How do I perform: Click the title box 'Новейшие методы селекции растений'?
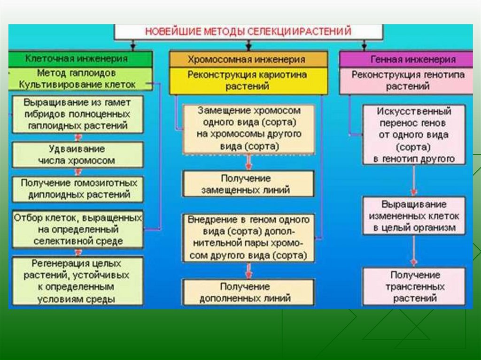pyautogui.click(x=248, y=32)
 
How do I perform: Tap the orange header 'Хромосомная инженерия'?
pyautogui.click(x=248, y=60)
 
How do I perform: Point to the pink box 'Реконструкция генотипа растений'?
pyautogui.click(x=407, y=81)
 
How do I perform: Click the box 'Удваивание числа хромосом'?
pyautogui.click(x=77, y=154)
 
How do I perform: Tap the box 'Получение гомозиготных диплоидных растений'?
pyautogui.click(x=78, y=189)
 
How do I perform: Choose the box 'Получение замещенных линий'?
pyautogui.click(x=248, y=184)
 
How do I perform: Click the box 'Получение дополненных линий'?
pyautogui.click(x=248, y=292)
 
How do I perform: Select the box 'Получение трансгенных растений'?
pyautogui.click(x=413, y=286)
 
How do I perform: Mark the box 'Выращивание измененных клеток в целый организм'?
pyautogui.click(x=413, y=216)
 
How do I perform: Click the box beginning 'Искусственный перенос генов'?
pyautogui.click(x=413, y=135)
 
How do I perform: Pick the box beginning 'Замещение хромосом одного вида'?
pyautogui.click(x=248, y=129)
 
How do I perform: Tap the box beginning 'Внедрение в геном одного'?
pyautogui.click(x=248, y=237)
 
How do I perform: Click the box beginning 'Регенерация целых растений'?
pyautogui.click(x=77, y=281)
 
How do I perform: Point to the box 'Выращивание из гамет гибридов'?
pyautogui.click(x=78, y=114)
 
